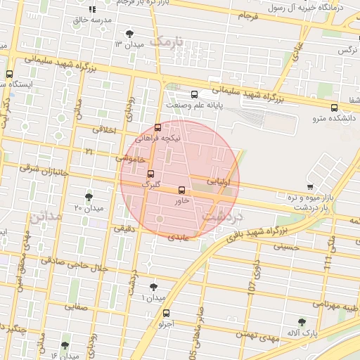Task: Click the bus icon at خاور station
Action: (x=182, y=190)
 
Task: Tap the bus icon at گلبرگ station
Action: (x=150, y=174)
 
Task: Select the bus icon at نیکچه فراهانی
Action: (x=157, y=128)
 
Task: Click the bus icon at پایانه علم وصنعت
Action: (x=194, y=94)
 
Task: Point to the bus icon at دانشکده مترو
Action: (x=334, y=108)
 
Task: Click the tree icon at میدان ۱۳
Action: (x=129, y=34)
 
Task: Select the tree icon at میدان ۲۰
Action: (x=89, y=198)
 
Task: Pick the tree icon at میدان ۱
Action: (x=154, y=287)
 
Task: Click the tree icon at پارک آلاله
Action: (x=302, y=322)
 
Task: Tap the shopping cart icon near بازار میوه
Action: (x=310, y=186)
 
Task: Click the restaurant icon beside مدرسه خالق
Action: (x=92, y=10)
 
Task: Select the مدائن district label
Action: (x=45, y=216)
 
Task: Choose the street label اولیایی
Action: (x=218, y=181)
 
